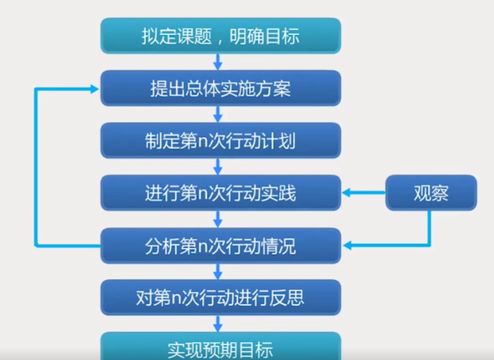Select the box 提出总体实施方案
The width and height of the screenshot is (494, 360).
coord(221,89)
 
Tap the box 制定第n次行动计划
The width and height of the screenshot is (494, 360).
coord(221,140)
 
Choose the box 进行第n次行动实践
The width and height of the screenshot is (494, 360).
coord(221,193)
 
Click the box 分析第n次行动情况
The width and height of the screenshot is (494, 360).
coord(221,247)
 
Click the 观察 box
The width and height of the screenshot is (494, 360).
coord(430,193)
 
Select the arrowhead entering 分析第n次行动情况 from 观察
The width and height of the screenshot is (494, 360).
coord(347,247)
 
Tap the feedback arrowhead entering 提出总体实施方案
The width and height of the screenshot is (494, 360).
coord(94,89)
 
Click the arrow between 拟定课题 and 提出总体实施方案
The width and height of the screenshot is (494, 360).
coord(220,62)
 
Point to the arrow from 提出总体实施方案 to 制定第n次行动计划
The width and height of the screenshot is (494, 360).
coord(220,115)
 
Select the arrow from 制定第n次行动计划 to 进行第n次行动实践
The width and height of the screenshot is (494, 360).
coord(220,167)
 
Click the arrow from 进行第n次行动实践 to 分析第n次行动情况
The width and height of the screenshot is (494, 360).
coord(220,220)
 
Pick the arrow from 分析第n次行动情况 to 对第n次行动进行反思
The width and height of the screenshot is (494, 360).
coord(220,272)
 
